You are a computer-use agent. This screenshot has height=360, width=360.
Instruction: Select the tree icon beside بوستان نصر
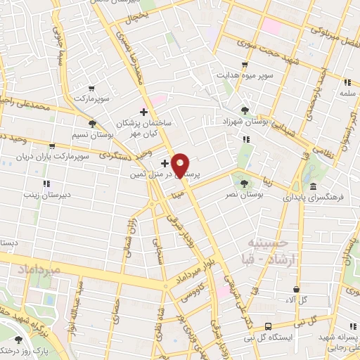tap(244, 184)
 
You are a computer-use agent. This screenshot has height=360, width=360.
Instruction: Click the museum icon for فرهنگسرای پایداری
tap(314, 187)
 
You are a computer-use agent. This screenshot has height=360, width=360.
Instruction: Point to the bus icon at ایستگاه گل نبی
tap(268, 326)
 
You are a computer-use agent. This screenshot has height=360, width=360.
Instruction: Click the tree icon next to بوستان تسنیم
tap(93, 123)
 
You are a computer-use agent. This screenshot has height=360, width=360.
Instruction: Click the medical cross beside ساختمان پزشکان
tap(143, 112)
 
